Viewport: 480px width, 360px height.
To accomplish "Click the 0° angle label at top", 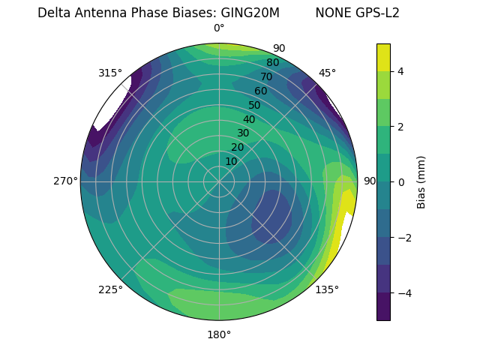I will pyautogui.click(x=219, y=28).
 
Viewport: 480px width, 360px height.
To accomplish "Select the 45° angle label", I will pyautogui.click(x=327, y=73).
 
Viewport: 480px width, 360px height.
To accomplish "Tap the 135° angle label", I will pyautogui.click(x=327, y=289).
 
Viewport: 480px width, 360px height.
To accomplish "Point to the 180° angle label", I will pyautogui.click(x=219, y=334).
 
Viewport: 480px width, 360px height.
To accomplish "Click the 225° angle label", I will pyautogui.click(x=110, y=289).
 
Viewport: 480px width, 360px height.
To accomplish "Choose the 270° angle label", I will pyautogui.click(x=66, y=181).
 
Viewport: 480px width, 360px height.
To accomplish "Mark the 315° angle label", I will pyautogui.click(x=110, y=73).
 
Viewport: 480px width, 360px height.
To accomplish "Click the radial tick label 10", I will pyautogui.click(x=231, y=161).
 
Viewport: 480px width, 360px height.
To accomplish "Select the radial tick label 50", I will pyautogui.click(x=255, y=105).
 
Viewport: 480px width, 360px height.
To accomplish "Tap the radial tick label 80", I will pyautogui.click(x=273, y=62).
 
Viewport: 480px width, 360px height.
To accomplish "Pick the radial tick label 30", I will pyautogui.click(x=243, y=133).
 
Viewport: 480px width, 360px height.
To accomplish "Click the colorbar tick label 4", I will pyautogui.click(x=401, y=71).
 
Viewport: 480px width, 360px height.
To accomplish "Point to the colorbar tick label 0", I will pyautogui.click(x=401, y=181).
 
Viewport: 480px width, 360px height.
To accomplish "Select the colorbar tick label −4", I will pyautogui.click(x=404, y=292).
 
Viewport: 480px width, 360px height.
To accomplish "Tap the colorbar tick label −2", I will pyautogui.click(x=404, y=238).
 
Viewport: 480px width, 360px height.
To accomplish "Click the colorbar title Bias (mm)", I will pyautogui.click(x=421, y=181).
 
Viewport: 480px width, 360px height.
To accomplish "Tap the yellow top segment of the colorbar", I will pyautogui.click(x=383, y=57).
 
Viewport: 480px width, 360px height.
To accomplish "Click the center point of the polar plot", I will pyautogui.click(x=219, y=181).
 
